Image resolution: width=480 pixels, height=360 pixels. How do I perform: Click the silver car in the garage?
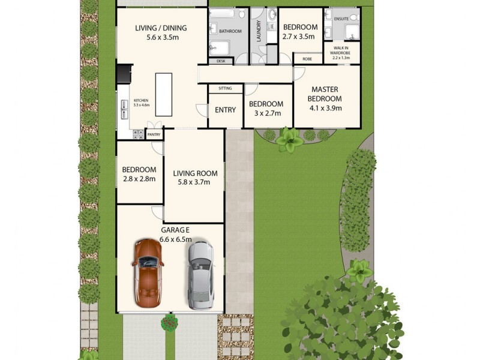pyautogui.click(x=199, y=275)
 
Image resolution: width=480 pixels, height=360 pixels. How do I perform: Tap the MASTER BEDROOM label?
pyautogui.click(x=325, y=94)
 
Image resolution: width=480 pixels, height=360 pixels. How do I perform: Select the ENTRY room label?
pyautogui.click(x=225, y=110)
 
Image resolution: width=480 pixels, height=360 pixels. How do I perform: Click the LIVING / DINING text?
pyautogui.click(x=161, y=28)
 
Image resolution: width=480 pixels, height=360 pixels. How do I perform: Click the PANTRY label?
pyautogui.click(x=154, y=135)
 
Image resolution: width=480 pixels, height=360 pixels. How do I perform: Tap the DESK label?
pyautogui.click(x=221, y=61)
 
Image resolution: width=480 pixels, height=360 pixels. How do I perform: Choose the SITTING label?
pyautogui.click(x=225, y=88)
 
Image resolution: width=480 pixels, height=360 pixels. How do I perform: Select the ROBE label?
pyautogui.click(x=307, y=59)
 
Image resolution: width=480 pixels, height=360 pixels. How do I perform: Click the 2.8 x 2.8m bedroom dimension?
pyautogui.click(x=139, y=179)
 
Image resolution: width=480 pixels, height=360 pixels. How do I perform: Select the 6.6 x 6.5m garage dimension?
pyautogui.click(x=175, y=239)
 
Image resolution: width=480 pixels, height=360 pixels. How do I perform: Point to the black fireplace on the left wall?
pyautogui.click(x=123, y=73)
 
